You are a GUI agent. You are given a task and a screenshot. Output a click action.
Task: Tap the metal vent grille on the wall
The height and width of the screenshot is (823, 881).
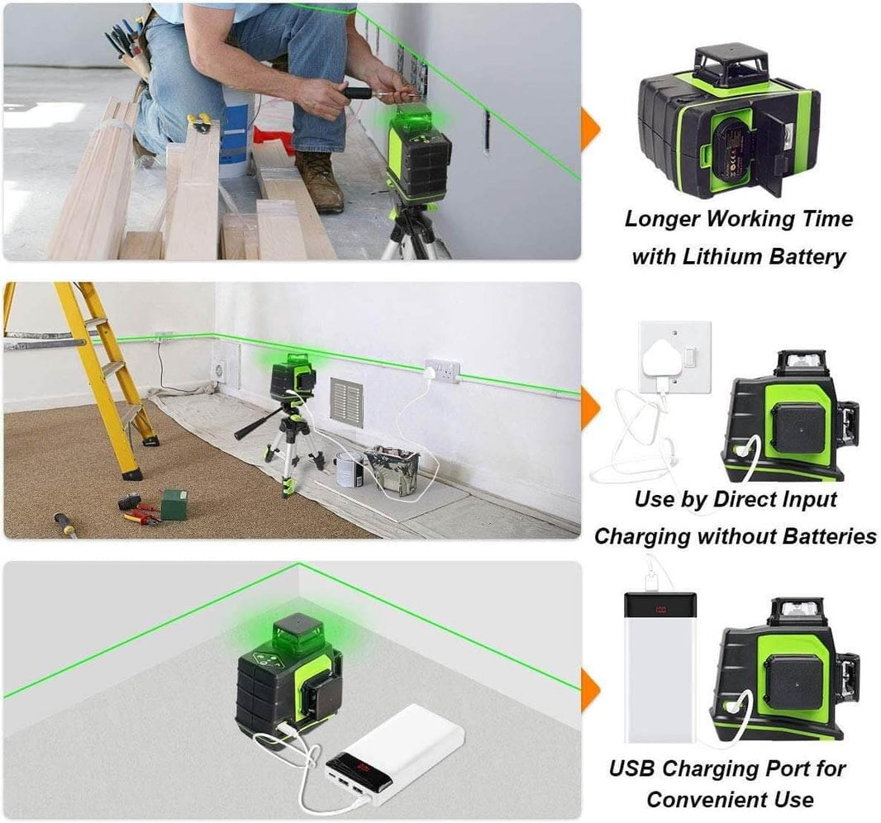tap(346, 402)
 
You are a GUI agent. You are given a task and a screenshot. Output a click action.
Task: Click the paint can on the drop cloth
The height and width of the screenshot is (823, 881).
tap(349, 469)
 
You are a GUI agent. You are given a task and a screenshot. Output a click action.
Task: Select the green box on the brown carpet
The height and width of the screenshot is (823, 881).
tap(174, 504)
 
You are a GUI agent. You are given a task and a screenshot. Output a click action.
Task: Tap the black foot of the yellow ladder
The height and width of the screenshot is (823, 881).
tap(131, 473)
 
